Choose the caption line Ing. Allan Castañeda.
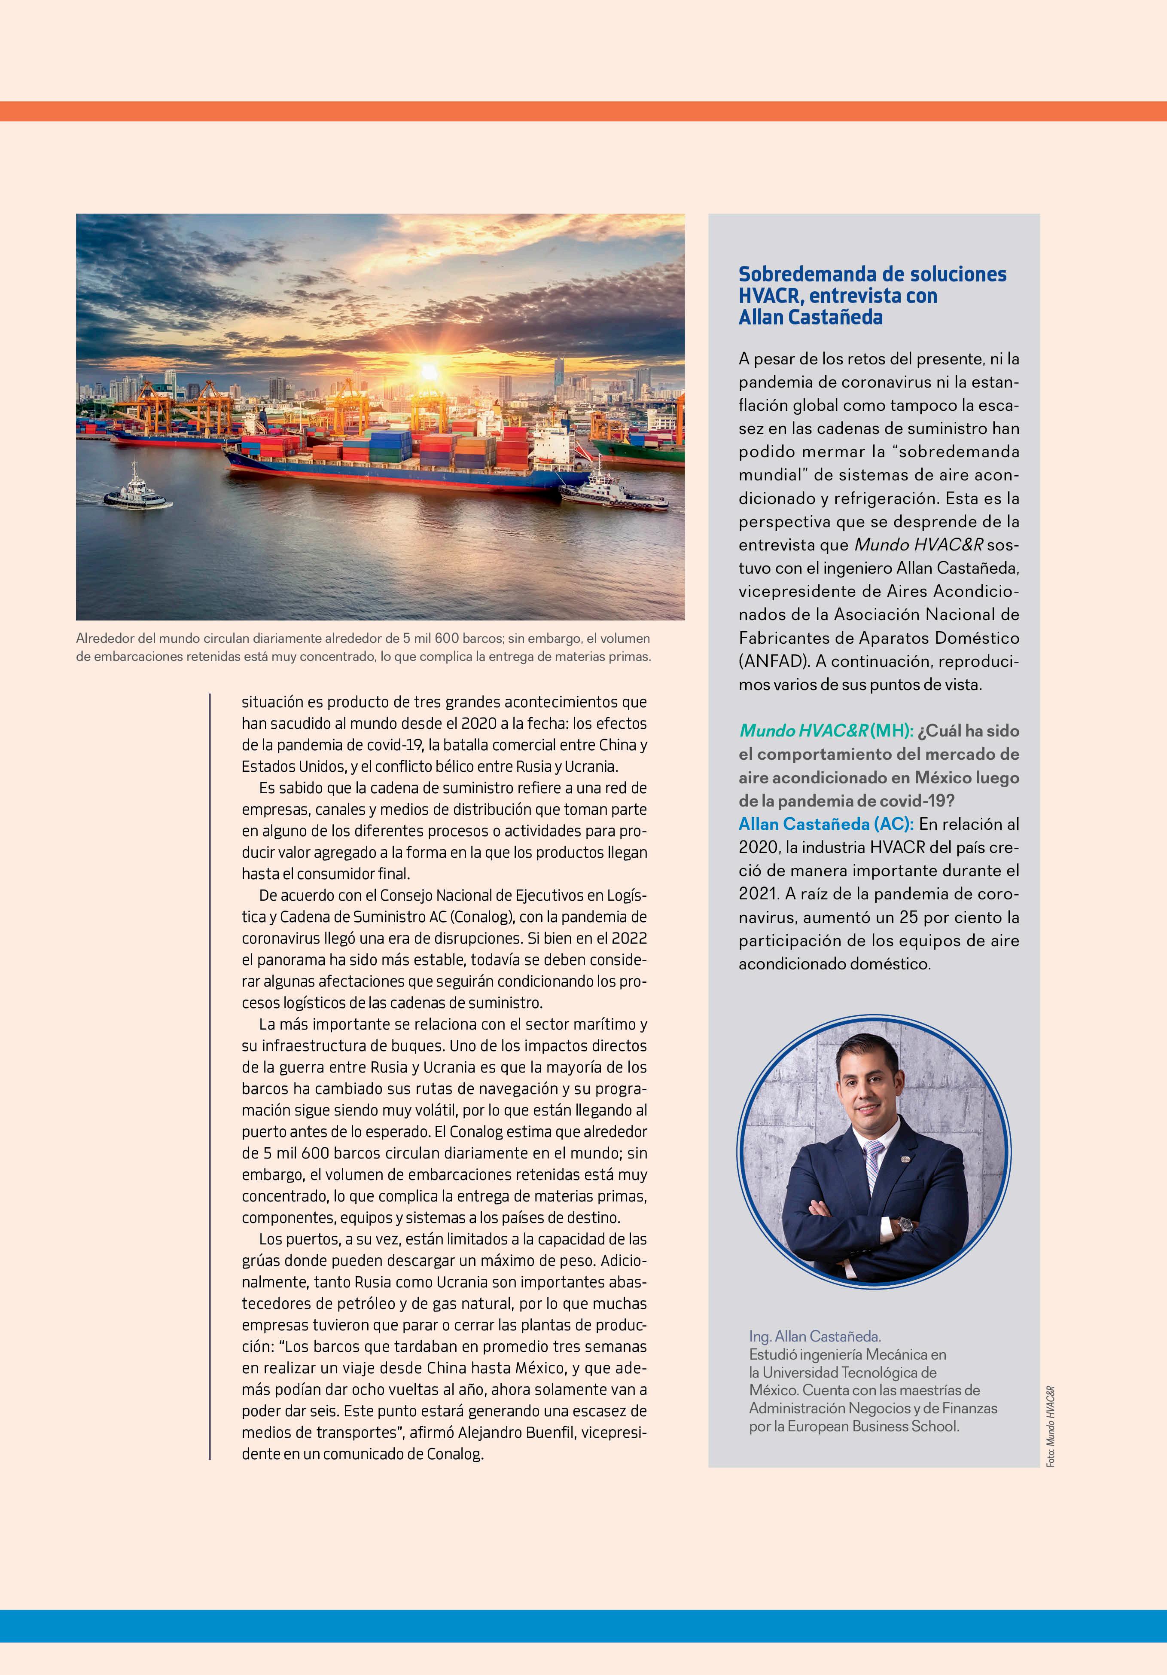(815, 1336)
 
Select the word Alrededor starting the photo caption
(104, 639)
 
